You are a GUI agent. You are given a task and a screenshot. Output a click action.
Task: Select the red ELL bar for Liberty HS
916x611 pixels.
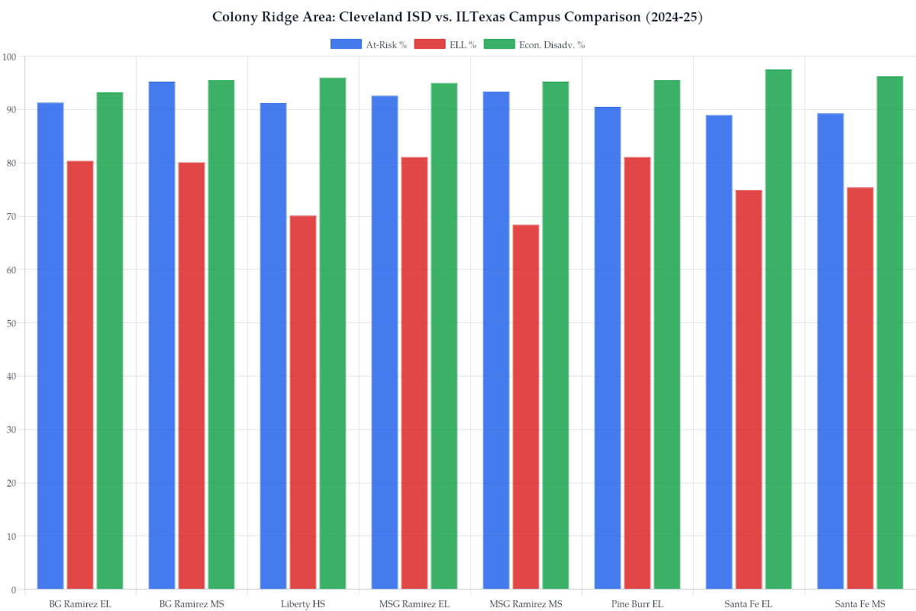303,402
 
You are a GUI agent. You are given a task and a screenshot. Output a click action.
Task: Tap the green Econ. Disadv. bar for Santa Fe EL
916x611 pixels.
779,329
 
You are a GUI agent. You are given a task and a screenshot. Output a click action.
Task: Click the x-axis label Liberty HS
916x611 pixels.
303,603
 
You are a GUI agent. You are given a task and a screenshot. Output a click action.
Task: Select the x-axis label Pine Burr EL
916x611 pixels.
637,603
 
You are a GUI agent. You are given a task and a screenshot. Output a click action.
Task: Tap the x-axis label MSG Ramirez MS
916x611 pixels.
526,603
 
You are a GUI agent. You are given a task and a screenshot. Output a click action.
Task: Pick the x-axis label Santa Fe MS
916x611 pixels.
860,603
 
